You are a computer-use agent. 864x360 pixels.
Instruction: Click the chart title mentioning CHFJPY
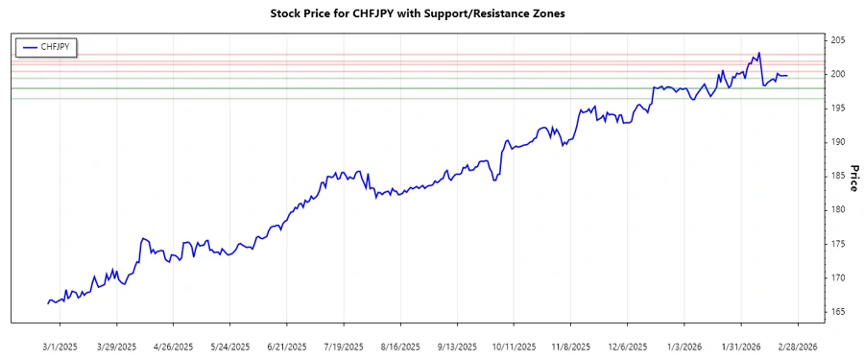432,14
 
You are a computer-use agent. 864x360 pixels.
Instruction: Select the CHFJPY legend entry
54,46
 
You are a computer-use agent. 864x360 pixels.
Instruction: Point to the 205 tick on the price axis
837,40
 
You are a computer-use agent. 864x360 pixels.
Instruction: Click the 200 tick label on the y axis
837,74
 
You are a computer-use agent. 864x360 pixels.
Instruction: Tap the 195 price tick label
837,108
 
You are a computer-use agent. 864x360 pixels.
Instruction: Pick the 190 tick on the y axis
837,142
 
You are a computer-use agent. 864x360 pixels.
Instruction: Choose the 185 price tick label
837,176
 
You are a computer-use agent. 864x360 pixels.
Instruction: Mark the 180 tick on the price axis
837,209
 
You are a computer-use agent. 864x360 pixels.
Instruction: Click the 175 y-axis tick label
837,244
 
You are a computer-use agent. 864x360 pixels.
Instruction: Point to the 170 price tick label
837,277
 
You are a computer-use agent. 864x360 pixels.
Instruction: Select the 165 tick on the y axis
837,312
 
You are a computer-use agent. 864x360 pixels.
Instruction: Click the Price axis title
852,176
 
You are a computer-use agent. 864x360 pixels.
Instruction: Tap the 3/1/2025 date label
60,346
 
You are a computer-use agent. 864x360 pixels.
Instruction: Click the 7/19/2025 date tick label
342,346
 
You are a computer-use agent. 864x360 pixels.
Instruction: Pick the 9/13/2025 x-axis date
456,346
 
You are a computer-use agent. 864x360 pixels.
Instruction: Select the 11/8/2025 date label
569,346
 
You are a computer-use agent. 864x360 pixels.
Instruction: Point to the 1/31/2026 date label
739,346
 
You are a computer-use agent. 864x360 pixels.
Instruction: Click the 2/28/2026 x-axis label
796,346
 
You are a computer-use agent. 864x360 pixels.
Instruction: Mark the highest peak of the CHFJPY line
759,53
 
